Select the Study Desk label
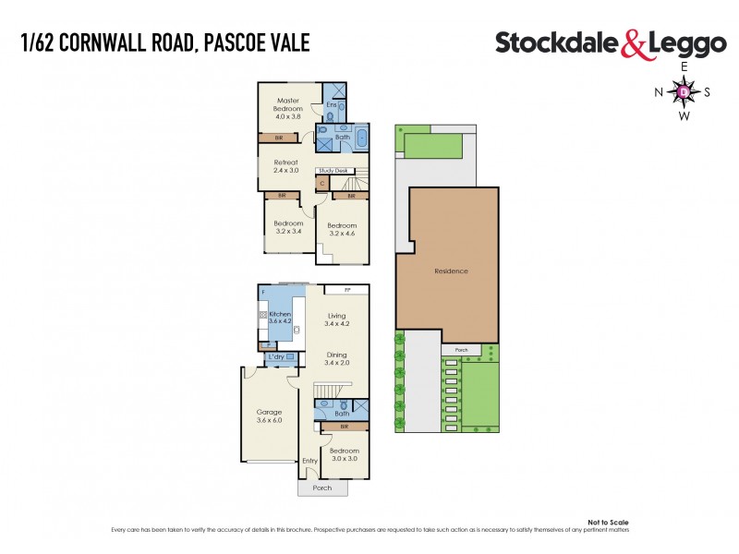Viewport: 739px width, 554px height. pos(333,171)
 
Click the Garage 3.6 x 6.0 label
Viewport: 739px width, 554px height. pos(269,415)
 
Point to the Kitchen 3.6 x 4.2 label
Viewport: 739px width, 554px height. pos(280,318)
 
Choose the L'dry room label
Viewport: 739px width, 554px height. pos(275,356)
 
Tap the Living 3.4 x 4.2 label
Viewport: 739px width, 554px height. pos(336,319)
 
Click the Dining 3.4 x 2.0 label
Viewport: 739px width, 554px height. pos(336,358)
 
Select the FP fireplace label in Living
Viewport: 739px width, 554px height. pos(350,289)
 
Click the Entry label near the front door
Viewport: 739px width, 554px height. pos(309,460)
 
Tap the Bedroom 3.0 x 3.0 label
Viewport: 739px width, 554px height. pos(345,453)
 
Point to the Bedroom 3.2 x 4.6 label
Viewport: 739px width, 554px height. pos(343,229)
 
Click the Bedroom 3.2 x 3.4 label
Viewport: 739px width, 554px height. pos(288,227)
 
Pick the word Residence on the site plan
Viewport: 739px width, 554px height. pos(451,271)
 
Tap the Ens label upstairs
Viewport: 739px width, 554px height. pos(332,105)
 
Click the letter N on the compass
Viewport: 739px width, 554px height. pos(659,91)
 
